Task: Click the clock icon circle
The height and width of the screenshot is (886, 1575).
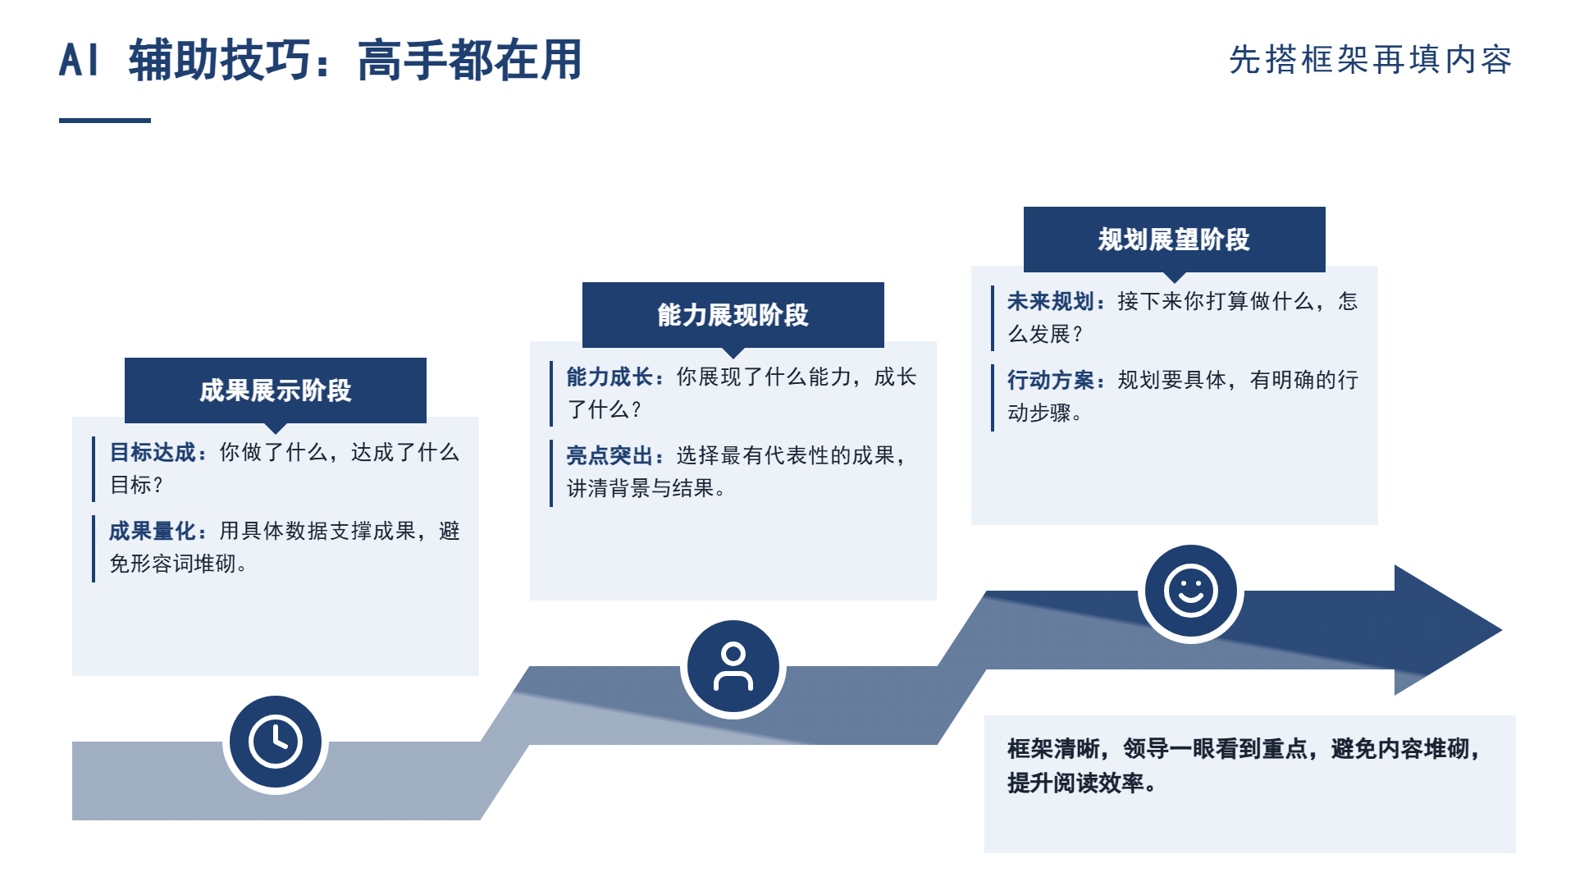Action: [276, 742]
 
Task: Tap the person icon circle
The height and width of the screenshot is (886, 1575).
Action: [733, 667]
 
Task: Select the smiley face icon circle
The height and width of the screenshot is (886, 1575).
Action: [1191, 591]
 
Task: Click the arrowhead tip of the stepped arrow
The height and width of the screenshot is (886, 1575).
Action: [1501, 630]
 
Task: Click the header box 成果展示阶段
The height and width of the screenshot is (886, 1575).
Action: [276, 390]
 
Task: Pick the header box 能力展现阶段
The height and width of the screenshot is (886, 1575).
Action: [733, 315]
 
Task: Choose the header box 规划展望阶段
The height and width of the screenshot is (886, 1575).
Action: [1175, 240]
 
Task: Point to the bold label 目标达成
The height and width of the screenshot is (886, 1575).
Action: [153, 452]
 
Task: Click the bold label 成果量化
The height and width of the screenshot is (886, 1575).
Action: [153, 531]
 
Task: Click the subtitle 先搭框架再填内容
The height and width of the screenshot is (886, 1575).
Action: [1371, 60]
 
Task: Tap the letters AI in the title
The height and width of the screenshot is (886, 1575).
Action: [80, 61]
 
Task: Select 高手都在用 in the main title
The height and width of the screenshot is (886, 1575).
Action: [470, 61]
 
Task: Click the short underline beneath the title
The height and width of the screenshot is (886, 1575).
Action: [105, 121]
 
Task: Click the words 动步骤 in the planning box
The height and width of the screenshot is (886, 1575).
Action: [1040, 413]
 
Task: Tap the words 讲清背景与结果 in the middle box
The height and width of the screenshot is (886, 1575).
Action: [640, 488]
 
